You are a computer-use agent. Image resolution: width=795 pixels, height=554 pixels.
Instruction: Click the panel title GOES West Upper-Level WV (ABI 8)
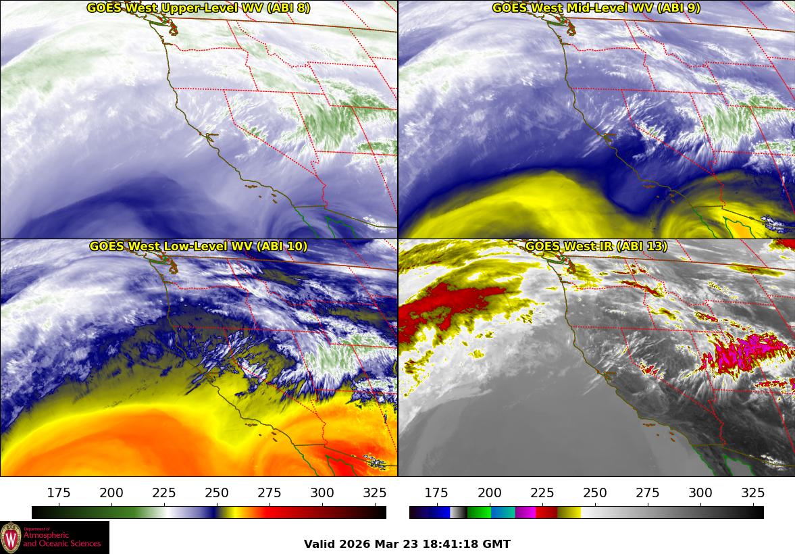pos(199,8)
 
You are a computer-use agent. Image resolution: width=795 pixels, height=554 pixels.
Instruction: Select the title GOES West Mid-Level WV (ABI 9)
pos(596,8)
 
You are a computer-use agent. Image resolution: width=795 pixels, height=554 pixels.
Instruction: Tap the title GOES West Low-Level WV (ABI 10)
pos(199,247)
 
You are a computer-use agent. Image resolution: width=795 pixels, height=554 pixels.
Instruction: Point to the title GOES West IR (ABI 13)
pos(596,247)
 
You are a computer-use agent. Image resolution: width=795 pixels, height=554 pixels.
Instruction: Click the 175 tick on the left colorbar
pos(59,493)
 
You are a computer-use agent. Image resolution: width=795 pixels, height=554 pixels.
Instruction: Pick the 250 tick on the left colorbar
pos(217,493)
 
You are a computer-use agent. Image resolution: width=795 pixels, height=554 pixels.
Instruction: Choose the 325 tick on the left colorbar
pos(375,493)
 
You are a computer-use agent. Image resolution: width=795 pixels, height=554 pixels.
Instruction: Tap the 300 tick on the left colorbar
pos(322,493)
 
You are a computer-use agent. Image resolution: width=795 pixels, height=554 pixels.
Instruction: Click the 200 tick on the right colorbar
pos(490,493)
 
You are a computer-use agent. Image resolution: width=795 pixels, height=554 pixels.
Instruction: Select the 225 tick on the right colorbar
pos(542,493)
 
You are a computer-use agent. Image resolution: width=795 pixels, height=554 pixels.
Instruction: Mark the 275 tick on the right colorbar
pos(648,493)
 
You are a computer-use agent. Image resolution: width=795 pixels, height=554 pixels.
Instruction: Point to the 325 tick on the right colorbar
pos(753,493)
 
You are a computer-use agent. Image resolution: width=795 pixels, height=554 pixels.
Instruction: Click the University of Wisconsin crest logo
pos(11,537)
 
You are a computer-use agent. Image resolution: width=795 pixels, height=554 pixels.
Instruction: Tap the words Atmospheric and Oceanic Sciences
pos(62,538)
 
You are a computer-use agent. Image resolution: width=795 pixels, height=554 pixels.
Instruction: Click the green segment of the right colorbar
pos(479,512)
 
